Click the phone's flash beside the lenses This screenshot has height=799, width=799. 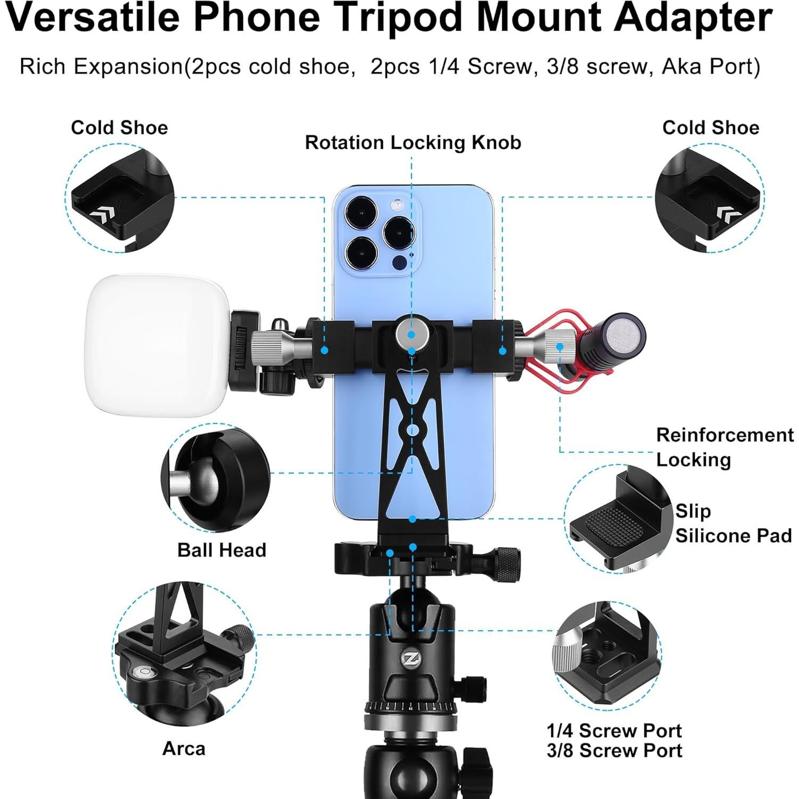[395, 205]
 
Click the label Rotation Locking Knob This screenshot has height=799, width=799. [413, 143]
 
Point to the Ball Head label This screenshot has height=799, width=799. [222, 550]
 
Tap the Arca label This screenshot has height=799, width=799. [184, 748]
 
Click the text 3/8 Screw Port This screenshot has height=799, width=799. [614, 751]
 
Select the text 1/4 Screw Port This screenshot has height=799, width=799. [614, 730]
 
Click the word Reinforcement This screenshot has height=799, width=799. [724, 435]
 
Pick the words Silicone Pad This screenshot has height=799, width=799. [733, 535]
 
